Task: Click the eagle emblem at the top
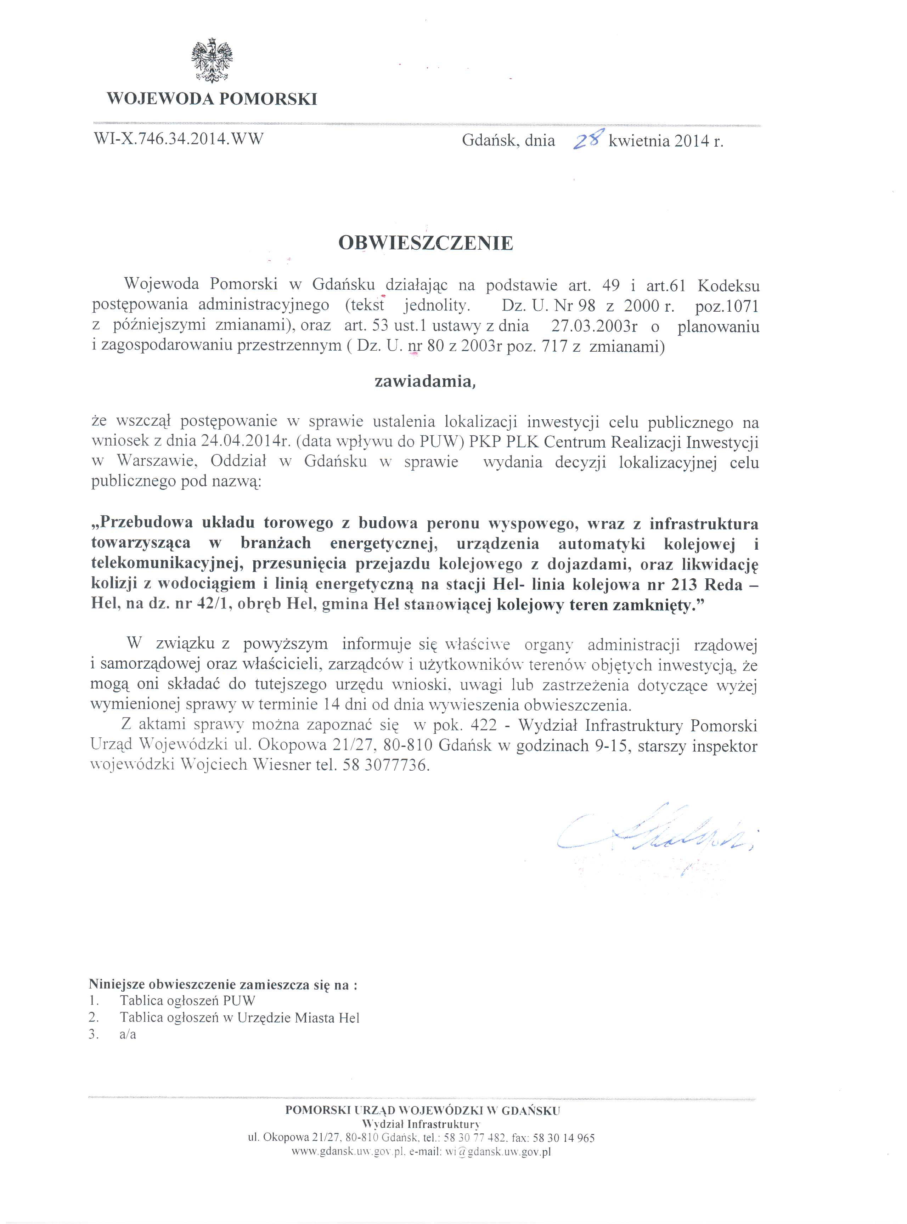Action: point(212,60)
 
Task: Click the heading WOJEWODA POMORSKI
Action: point(212,100)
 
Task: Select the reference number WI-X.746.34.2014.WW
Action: point(179,139)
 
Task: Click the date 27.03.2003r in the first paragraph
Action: point(594,326)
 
